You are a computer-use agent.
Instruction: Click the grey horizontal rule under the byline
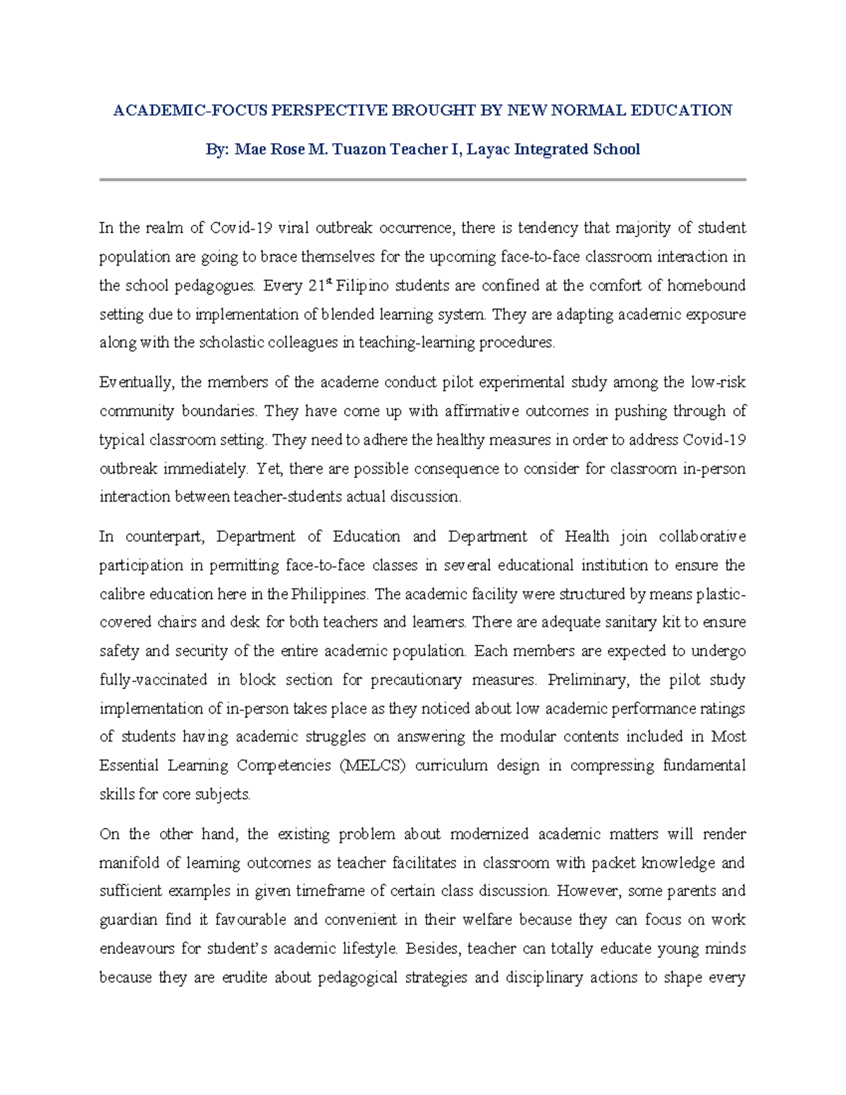422,180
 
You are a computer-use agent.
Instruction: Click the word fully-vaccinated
153,680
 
